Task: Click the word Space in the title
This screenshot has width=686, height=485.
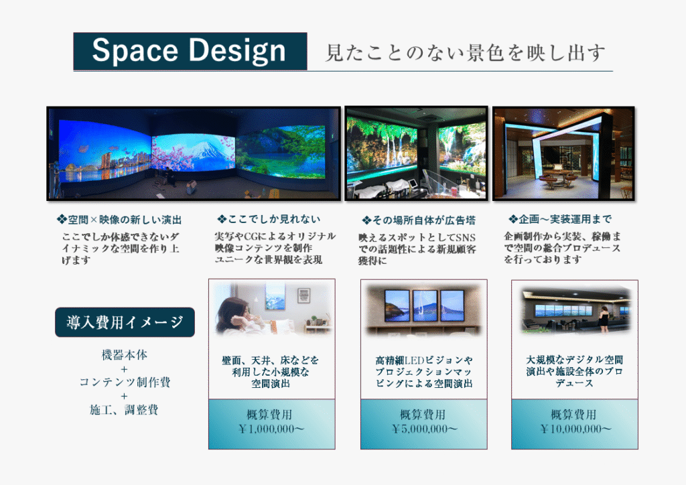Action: pos(135,50)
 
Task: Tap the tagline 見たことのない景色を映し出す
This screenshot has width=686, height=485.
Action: pos(466,53)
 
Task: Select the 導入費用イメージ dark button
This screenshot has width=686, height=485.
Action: pos(125,322)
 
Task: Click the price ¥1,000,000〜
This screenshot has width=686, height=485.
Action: pos(271,429)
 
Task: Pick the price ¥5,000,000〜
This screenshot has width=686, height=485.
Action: pos(424,429)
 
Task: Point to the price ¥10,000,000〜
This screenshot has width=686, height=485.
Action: pos(575,429)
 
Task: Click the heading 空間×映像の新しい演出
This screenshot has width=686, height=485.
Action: pos(119,220)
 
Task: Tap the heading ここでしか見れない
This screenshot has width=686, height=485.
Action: pos(269,219)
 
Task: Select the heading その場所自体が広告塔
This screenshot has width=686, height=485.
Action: pos(419,220)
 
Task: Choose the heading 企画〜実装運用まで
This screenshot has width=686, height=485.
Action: pos(560,219)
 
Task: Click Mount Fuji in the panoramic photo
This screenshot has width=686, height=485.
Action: pos(209,149)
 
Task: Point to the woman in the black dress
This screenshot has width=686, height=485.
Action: pos(605,318)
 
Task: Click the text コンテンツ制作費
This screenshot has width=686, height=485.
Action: pos(125,383)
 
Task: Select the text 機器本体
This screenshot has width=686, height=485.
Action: pos(125,355)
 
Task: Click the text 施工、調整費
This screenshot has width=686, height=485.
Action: pos(124,410)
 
